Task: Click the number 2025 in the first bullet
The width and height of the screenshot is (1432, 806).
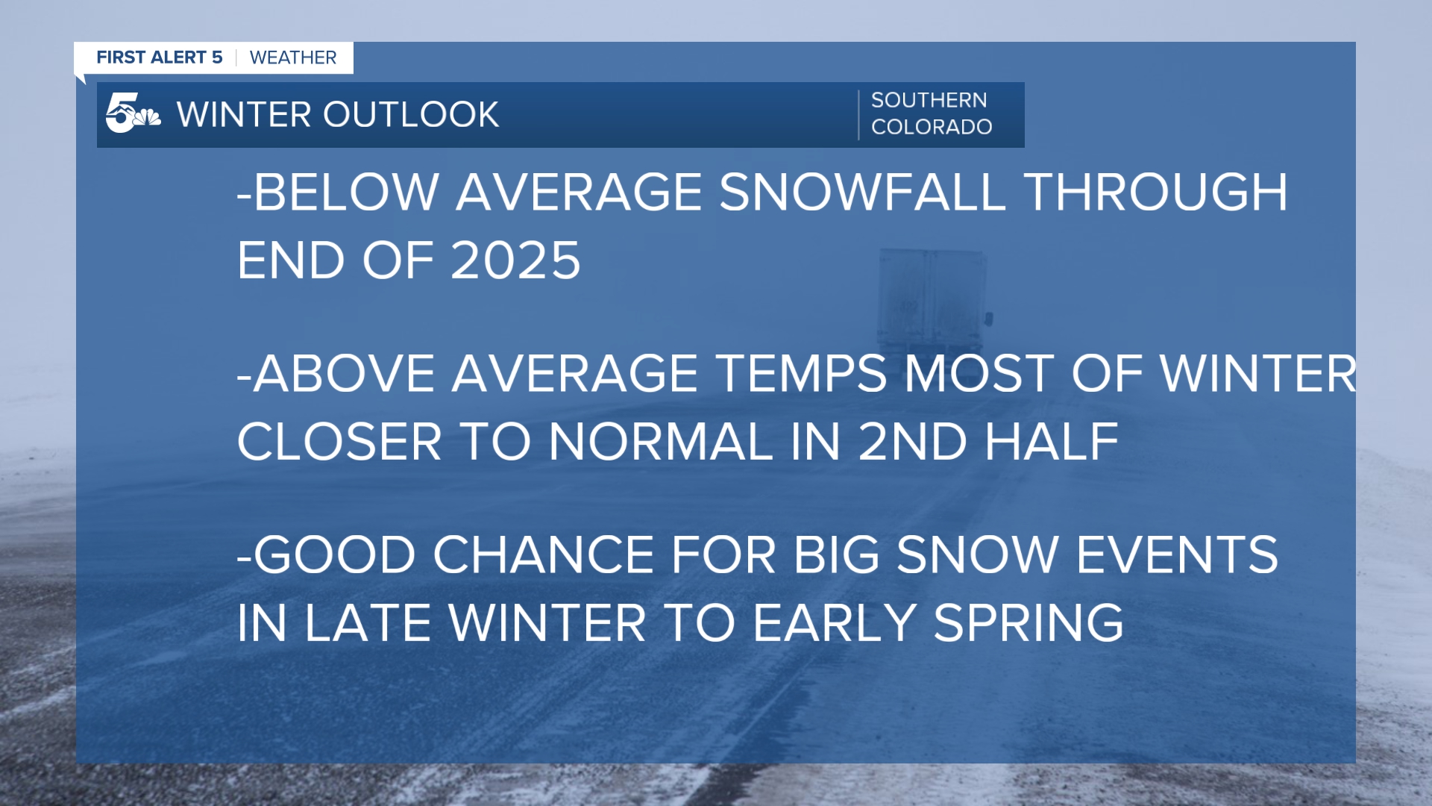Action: [515, 261]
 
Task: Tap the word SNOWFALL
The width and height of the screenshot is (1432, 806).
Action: [861, 193]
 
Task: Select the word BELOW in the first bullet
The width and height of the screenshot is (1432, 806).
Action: [346, 193]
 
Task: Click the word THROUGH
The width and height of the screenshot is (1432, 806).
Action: [1156, 193]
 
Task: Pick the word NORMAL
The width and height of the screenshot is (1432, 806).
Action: [661, 442]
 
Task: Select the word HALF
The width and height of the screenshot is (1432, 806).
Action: [1052, 442]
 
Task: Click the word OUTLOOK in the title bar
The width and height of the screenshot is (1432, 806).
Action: [410, 115]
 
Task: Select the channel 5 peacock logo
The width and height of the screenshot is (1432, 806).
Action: [133, 114]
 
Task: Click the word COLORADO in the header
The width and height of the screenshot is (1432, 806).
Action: [932, 127]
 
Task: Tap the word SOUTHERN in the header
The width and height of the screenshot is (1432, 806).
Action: [929, 100]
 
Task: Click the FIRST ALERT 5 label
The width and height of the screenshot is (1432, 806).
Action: [160, 57]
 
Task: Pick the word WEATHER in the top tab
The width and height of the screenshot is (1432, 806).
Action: [293, 57]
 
